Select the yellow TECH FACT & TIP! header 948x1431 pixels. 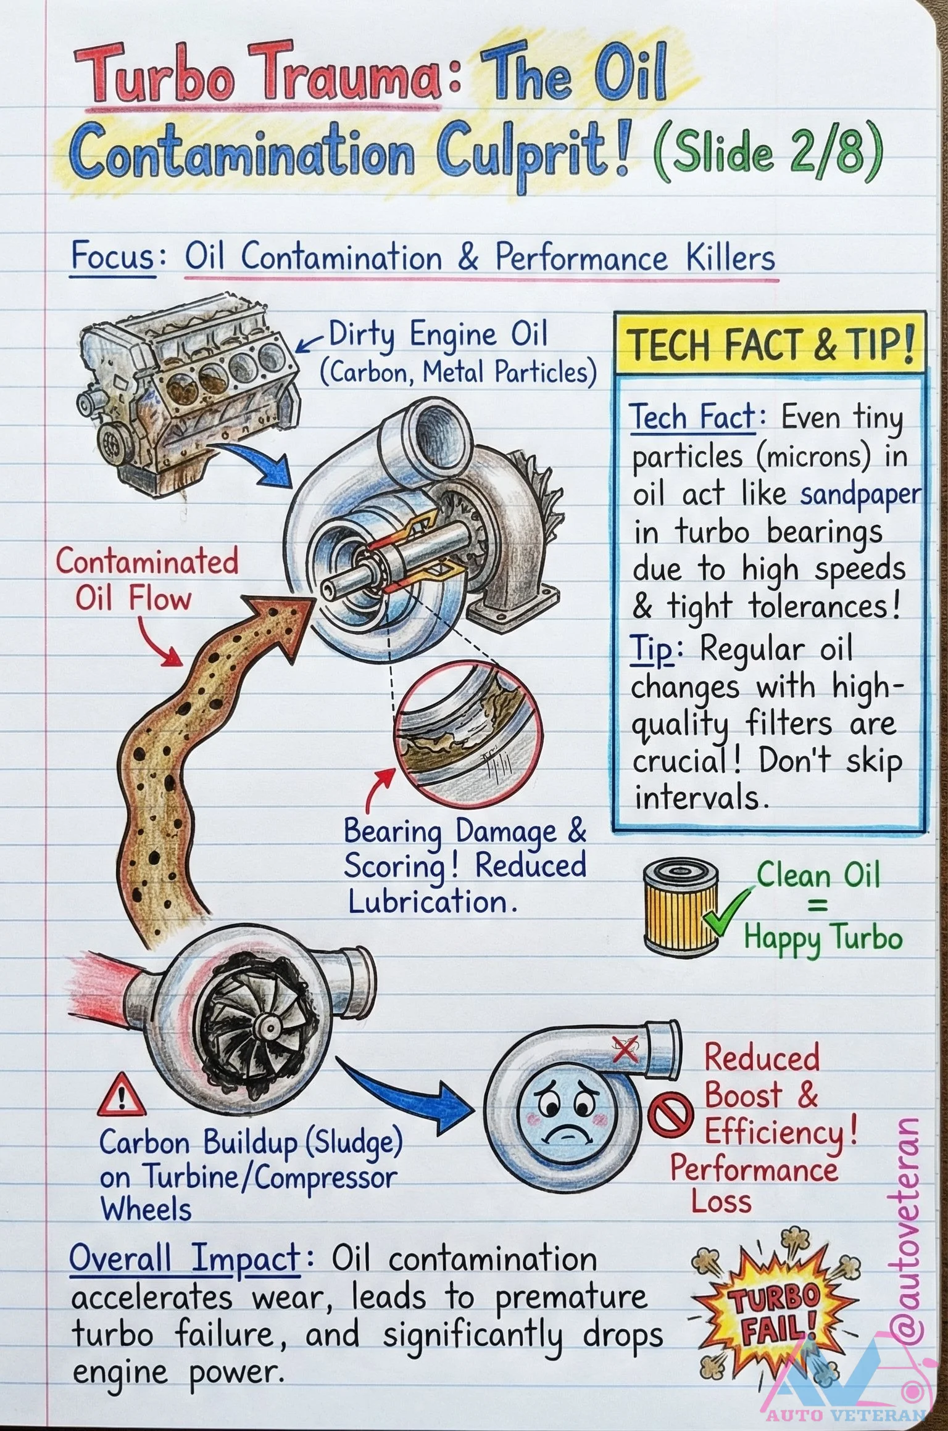770,344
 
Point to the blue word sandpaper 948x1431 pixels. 860,495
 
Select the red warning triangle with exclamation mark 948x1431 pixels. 121,1095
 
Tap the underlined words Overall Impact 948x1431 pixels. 185,1258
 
